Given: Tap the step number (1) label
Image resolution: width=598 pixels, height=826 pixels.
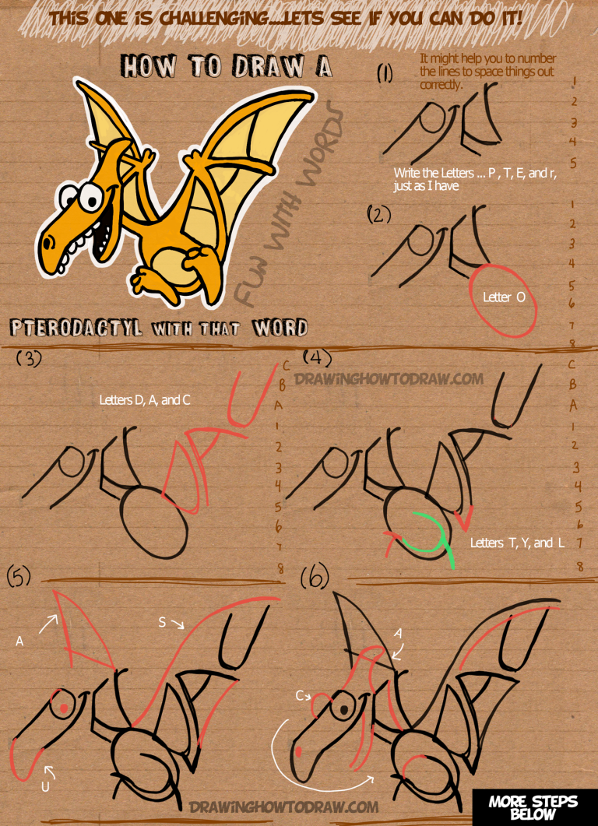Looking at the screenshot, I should pyautogui.click(x=385, y=73).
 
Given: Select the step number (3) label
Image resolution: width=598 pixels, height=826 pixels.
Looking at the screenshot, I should pyautogui.click(x=29, y=358).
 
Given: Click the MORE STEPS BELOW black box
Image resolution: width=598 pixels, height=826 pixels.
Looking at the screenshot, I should pyautogui.click(x=533, y=807).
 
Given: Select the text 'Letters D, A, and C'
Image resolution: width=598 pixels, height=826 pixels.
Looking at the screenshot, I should pyautogui.click(x=145, y=400).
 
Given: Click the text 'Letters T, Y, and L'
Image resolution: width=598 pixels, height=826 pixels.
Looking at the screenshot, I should pyautogui.click(x=517, y=543).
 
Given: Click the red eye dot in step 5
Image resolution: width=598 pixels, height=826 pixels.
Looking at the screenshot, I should pyautogui.click(x=62, y=707).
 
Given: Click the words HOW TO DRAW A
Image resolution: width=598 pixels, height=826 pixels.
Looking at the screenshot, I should pyautogui.click(x=226, y=68).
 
